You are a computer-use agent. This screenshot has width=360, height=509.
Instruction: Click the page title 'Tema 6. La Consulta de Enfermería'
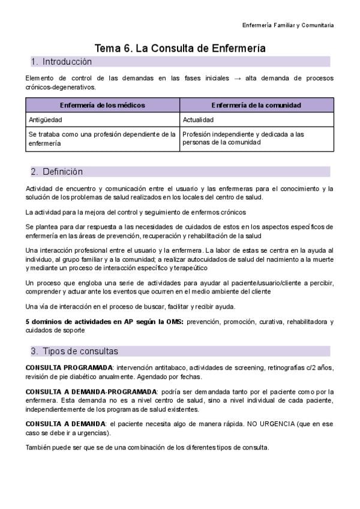180,48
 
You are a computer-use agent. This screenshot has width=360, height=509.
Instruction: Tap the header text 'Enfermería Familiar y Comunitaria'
288,25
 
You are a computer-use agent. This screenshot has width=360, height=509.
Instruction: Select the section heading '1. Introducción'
61,62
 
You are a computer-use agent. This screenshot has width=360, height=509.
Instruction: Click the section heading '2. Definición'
57,172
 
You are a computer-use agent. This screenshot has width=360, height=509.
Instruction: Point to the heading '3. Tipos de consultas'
74,351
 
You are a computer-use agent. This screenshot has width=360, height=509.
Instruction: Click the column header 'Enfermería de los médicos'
103,105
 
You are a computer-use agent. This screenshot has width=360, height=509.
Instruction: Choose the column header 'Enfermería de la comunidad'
256,105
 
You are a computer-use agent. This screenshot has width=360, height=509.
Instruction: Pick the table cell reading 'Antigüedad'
46,119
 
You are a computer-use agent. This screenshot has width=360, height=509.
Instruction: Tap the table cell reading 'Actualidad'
199,119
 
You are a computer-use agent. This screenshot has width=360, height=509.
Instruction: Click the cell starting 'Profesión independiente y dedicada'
243,139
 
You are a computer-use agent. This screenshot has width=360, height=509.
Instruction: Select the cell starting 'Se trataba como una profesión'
102,139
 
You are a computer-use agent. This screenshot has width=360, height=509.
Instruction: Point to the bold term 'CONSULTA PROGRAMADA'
69,367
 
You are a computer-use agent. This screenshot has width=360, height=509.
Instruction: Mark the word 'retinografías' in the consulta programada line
287,367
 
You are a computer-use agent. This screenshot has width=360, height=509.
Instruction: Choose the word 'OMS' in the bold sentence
175,322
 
